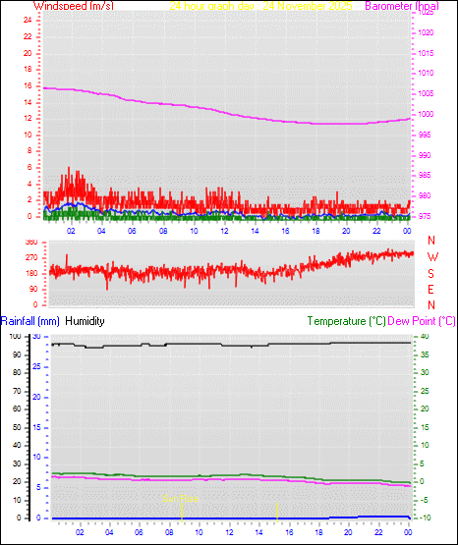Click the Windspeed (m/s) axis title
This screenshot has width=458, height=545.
click(73, 6)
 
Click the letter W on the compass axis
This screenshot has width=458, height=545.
click(431, 256)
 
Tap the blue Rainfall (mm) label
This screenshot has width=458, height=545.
click(30, 321)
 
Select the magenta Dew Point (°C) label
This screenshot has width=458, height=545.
click(423, 321)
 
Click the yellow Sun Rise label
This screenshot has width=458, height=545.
click(182, 499)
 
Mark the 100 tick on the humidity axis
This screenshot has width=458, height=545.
click(14, 336)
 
